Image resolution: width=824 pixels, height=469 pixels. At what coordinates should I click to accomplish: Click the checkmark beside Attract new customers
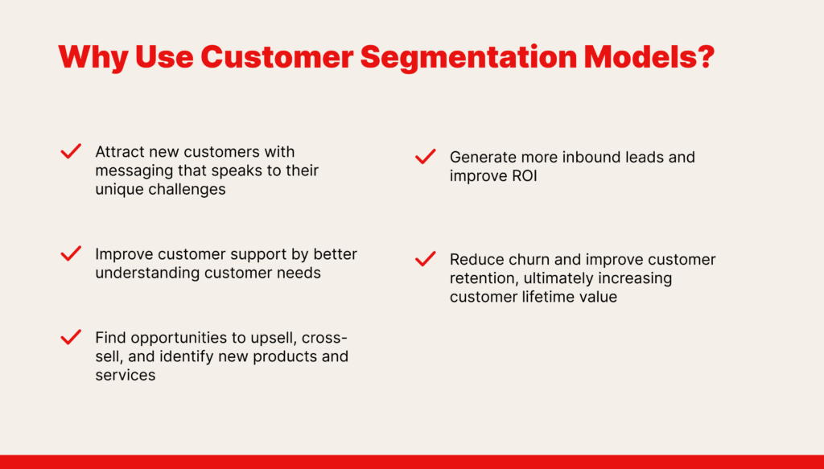point(71,150)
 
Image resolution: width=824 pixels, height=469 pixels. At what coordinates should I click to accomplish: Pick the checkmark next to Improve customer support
point(71,253)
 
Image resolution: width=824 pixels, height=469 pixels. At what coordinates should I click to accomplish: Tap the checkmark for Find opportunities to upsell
point(71,337)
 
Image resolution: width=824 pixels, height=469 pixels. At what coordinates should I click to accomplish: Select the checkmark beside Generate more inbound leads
point(425,157)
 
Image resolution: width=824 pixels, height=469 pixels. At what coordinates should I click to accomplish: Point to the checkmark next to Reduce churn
point(425,259)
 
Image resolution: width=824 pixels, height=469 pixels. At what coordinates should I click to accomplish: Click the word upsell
point(274,338)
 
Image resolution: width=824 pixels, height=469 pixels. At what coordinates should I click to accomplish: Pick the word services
point(125,375)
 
